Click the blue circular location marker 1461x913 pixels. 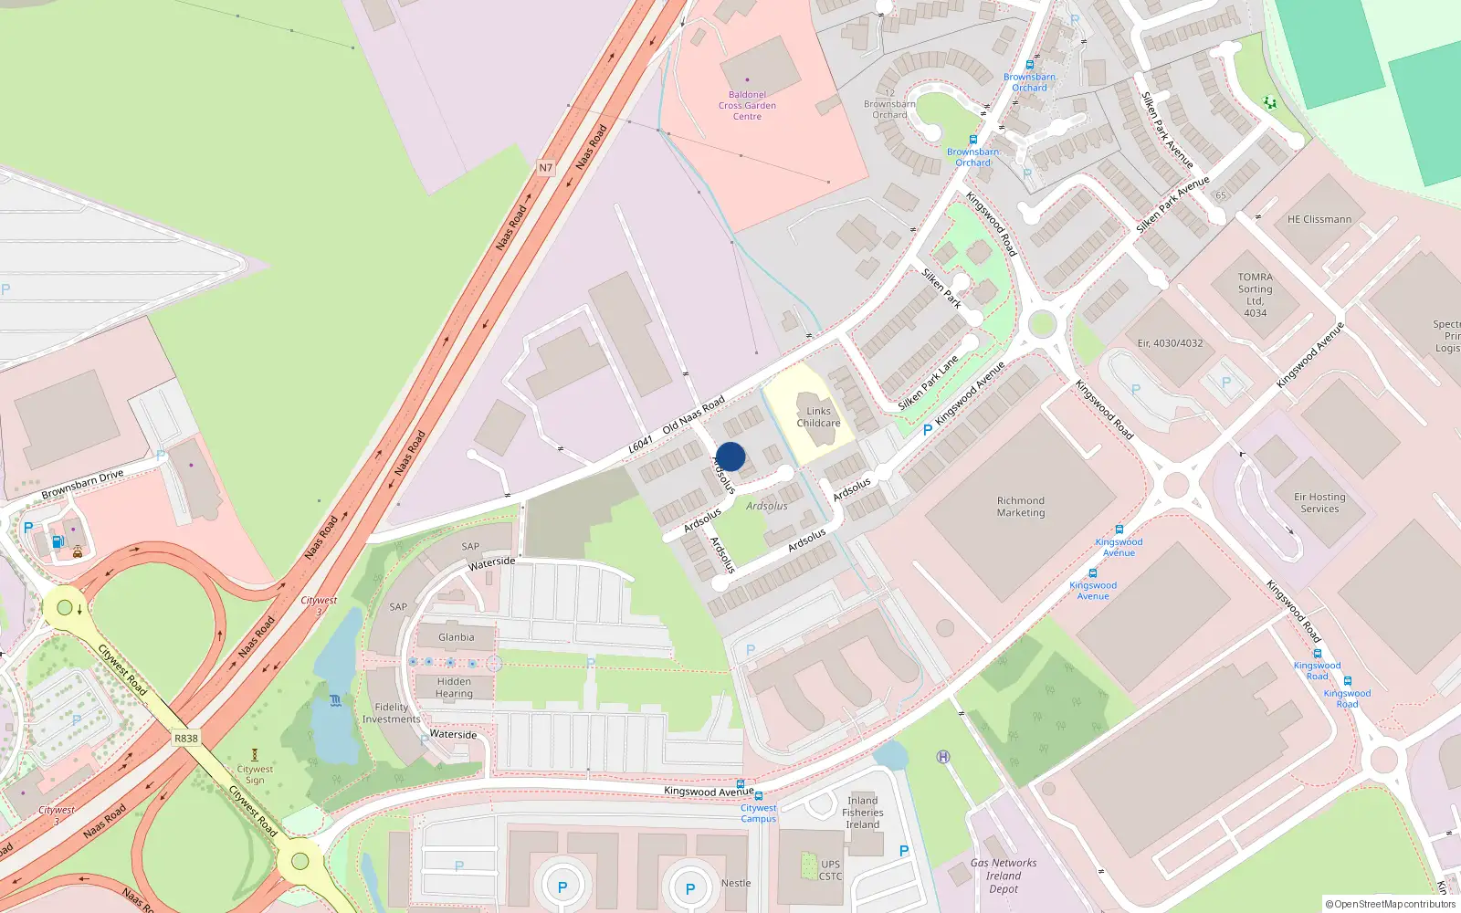coord(730,456)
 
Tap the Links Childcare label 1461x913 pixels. coord(818,417)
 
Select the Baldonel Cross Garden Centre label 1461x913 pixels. coord(747,106)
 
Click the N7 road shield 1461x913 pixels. coord(545,168)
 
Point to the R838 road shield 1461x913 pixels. coord(185,739)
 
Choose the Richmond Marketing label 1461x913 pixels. coord(1021,507)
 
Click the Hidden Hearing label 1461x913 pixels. coord(454,687)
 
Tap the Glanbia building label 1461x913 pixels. coord(456,637)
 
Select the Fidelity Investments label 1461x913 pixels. coord(391,713)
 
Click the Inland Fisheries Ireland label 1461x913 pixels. coord(863,813)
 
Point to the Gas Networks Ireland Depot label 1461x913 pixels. coord(1004,876)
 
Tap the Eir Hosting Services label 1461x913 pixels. coord(1319,503)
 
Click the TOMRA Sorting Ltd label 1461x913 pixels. coord(1256,294)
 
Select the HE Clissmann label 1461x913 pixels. coord(1319,219)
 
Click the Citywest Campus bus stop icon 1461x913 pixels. coord(759,796)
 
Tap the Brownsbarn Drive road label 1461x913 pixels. coord(82,485)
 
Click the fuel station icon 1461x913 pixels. coord(58,541)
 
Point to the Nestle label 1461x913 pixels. coord(736,883)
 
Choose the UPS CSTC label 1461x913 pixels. coord(830,870)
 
